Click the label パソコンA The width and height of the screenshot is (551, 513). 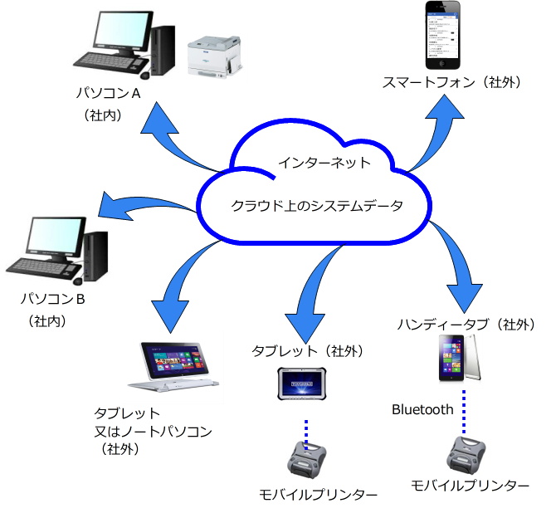[108, 93]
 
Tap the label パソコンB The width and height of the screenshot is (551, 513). [52, 297]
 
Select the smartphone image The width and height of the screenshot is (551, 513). [444, 37]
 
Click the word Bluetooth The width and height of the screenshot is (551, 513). [422, 409]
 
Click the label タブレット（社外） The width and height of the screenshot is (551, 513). [307, 351]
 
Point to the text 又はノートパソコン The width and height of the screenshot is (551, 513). [154, 431]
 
